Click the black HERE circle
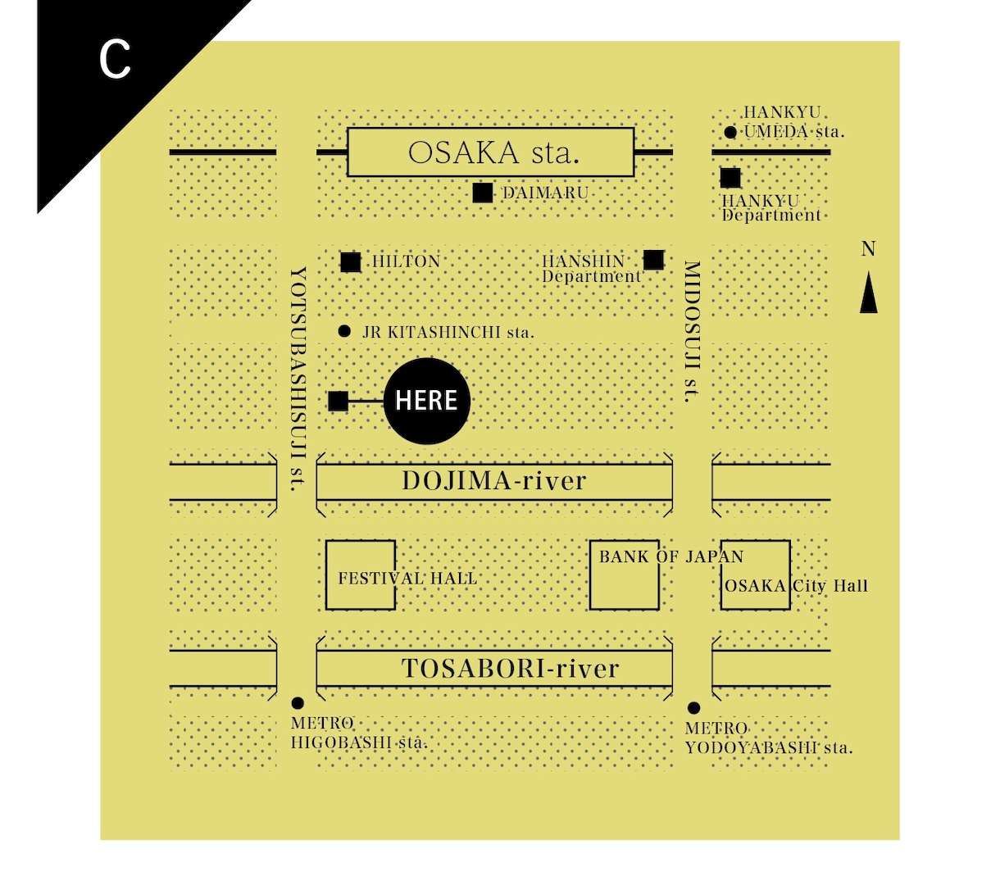[x=426, y=401]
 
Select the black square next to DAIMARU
[x=482, y=193]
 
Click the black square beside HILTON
[x=351, y=262]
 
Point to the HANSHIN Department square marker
[x=653, y=260]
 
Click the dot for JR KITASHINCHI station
[x=344, y=331]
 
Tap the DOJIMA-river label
[x=494, y=481]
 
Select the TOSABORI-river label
[x=511, y=668]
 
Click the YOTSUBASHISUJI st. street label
[x=298, y=379]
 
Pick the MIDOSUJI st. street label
[x=692, y=332]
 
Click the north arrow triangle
[x=869, y=292]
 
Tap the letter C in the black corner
[x=115, y=60]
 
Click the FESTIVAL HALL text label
[x=407, y=578]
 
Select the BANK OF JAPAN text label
[x=671, y=556]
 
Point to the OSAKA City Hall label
[x=796, y=585]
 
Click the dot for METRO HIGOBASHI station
[x=298, y=703]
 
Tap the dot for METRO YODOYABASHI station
[x=694, y=708]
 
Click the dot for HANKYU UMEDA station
[x=730, y=132]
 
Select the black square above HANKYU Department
[x=730, y=178]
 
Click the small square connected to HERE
[x=338, y=402]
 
